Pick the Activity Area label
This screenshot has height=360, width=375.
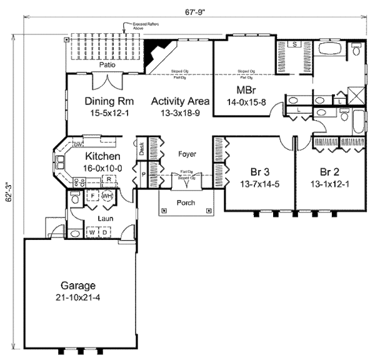coord(180,101)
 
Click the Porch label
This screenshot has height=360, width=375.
coord(186,202)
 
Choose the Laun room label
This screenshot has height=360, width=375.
coord(104,219)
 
